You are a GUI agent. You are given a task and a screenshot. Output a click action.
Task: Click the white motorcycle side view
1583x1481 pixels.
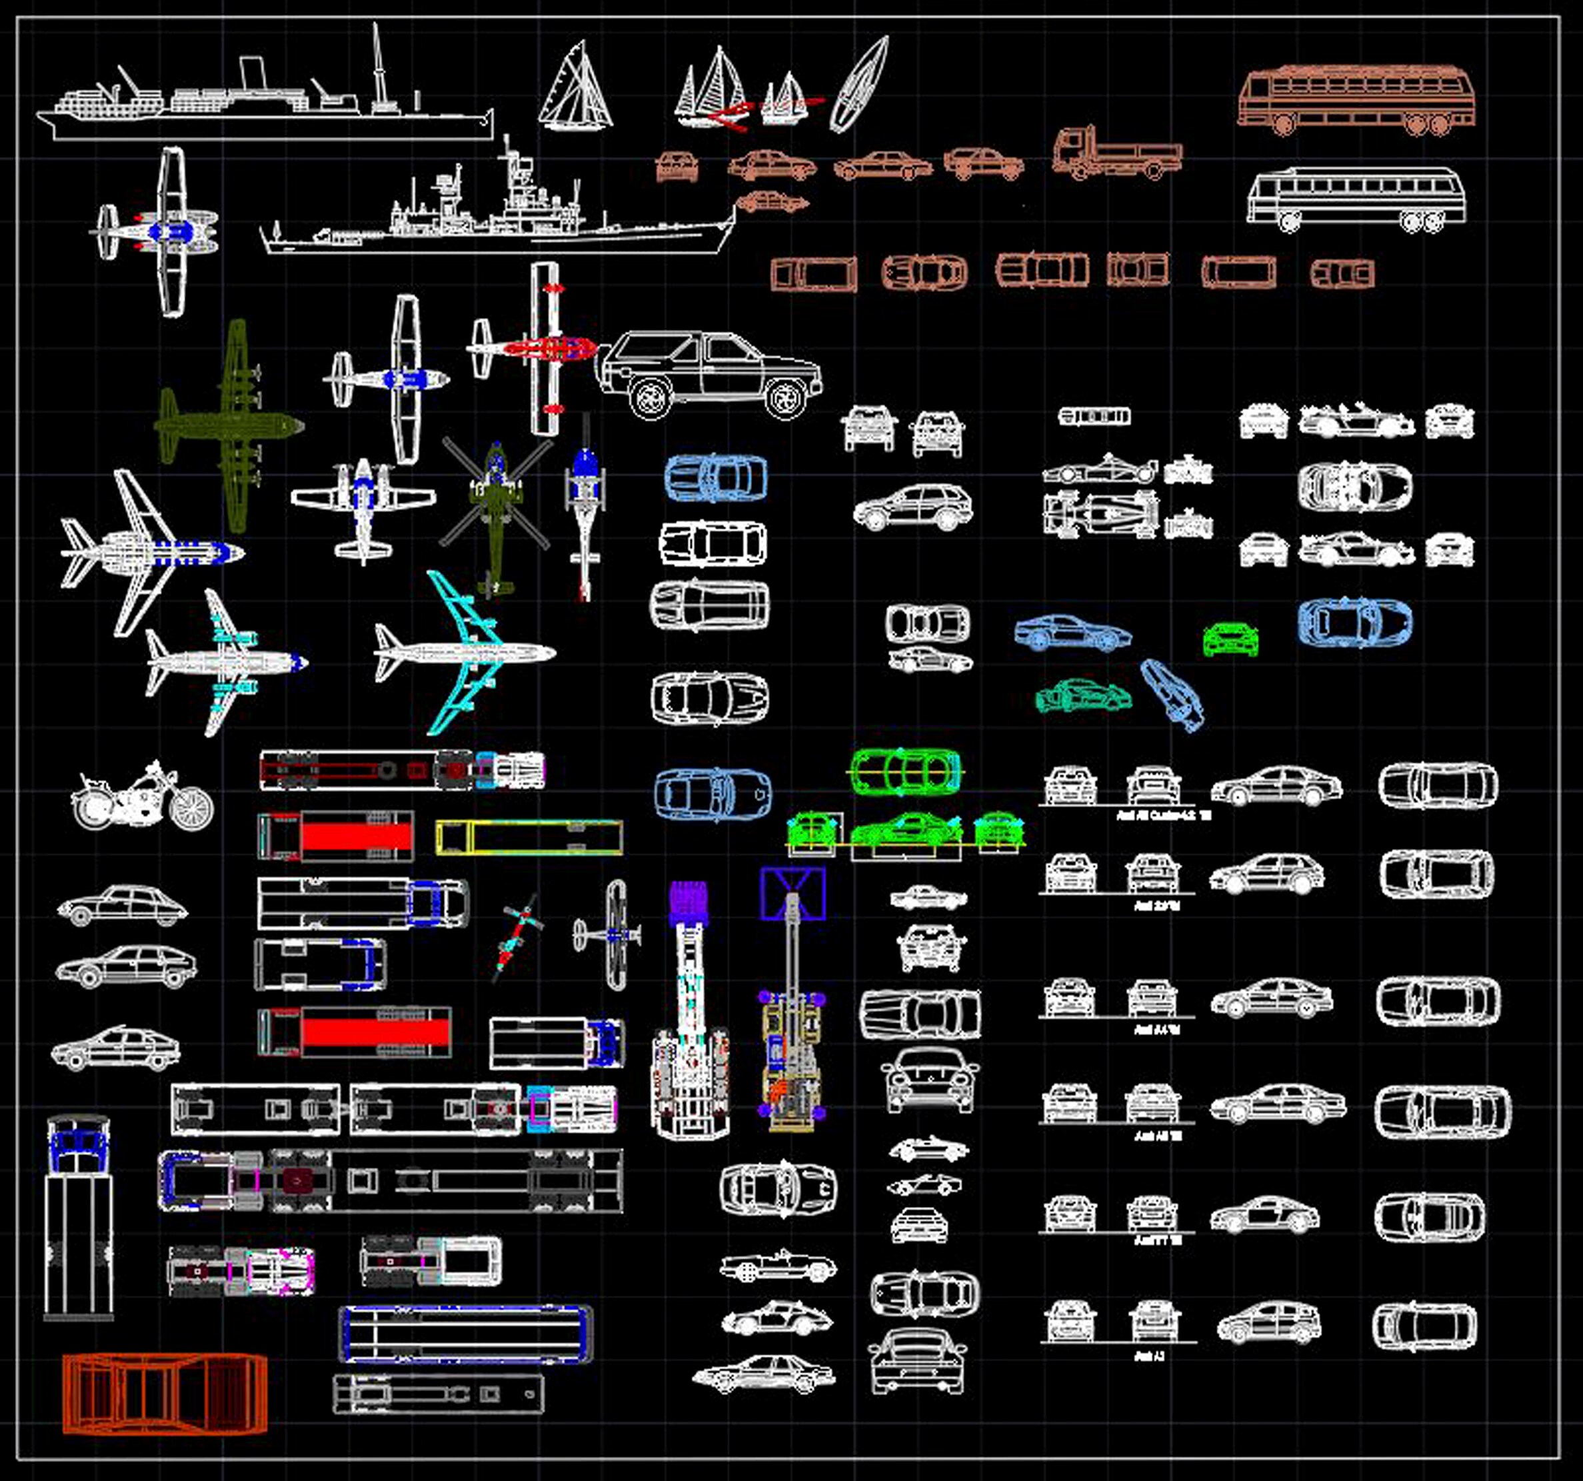coord(142,798)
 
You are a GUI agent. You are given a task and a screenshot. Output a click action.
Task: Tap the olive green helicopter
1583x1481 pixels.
coord(495,510)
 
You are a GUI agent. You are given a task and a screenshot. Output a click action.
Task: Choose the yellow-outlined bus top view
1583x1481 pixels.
coord(529,838)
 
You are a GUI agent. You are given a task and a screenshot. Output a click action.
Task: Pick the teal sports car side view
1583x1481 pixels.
coord(1083,696)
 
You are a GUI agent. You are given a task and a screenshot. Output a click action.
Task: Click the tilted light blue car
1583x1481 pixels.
coord(1173,695)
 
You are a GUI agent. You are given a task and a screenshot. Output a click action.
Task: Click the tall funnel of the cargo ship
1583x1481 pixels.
coord(253,75)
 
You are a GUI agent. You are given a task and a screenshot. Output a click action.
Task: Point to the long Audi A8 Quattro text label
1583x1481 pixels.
coord(1162,816)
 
